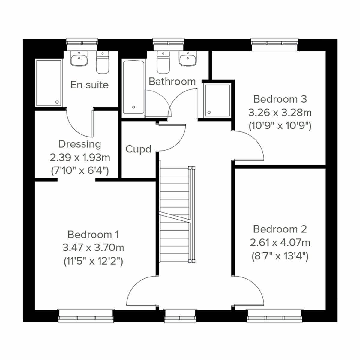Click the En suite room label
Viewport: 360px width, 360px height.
click(x=89, y=85)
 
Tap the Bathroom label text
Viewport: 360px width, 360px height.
click(x=172, y=81)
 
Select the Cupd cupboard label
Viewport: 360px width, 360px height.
click(x=138, y=149)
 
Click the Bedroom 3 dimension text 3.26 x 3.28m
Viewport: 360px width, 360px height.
click(x=280, y=112)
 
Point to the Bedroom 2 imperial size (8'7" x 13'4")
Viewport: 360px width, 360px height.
click(x=280, y=256)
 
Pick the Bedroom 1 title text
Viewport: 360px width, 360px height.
click(x=93, y=234)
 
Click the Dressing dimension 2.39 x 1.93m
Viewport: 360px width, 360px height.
click(x=80, y=157)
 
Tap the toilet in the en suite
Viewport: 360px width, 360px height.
click(x=102, y=63)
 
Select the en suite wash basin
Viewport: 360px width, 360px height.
click(x=79, y=59)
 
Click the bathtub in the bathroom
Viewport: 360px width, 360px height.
click(x=133, y=87)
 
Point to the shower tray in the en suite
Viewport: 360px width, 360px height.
click(x=49, y=82)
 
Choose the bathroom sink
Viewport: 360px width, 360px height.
click(x=188, y=59)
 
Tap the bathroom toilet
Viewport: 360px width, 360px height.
click(x=163, y=63)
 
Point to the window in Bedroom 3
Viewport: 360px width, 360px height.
click(x=274, y=45)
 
